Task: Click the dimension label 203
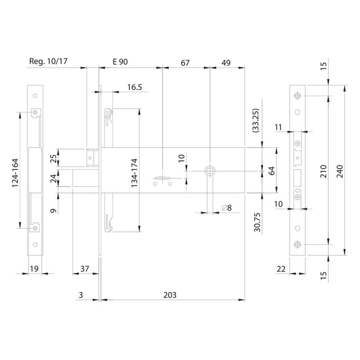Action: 170,295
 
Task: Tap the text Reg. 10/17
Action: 48,61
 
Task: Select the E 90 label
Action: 120,62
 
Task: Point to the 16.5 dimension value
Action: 134,87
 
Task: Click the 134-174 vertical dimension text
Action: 134,173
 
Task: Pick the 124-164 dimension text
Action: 15,173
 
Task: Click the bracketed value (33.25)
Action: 255,120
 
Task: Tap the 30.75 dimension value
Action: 258,222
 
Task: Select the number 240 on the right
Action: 340,171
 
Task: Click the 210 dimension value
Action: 323,171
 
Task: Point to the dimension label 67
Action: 185,63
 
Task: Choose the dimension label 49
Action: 226,63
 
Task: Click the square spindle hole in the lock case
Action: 210,171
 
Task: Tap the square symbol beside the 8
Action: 224,208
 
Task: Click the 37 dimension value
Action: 85,269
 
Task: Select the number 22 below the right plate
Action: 281,269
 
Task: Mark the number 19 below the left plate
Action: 34,269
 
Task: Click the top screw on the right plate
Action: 298,96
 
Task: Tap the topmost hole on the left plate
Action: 35,96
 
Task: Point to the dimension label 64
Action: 272,171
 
